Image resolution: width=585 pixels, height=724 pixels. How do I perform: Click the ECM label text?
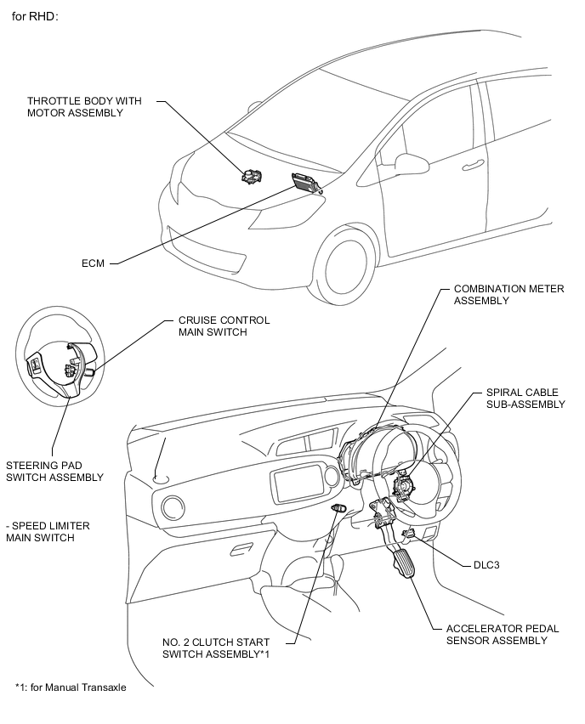pos(93,263)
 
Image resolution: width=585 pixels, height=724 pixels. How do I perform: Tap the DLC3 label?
pos(486,565)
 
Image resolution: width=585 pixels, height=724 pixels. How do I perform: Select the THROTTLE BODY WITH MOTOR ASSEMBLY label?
pos(84,107)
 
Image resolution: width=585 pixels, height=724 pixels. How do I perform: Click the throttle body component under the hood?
pos(252,176)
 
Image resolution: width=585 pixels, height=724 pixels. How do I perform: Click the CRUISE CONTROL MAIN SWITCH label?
pos(224,326)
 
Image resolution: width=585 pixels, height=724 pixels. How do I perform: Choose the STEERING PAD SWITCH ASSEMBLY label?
pos(54,471)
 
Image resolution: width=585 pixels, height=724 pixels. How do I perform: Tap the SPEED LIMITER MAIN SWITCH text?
pos(48,531)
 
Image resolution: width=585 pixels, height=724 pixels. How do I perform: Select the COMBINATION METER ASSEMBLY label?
pos(508,295)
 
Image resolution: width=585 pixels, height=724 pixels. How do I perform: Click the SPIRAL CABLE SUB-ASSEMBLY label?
pos(525,398)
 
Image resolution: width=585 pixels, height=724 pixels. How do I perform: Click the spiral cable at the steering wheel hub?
pos(403,488)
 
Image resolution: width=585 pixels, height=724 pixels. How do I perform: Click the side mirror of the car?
pos(412,162)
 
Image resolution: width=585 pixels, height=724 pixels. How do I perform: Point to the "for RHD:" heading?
pos(35,17)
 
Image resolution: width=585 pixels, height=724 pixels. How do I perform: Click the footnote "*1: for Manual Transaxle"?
pos(71,687)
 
